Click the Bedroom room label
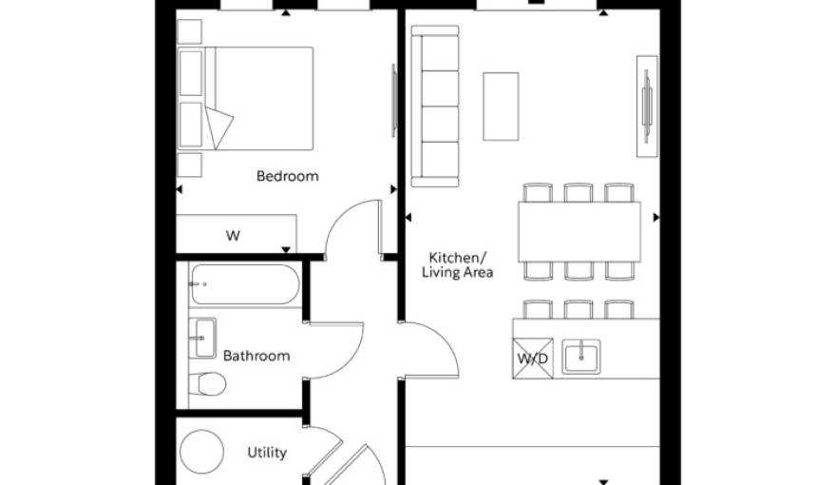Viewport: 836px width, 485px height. [x=287, y=176]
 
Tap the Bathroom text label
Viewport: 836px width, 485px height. [x=256, y=356]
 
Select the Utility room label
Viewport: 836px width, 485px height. [x=267, y=453]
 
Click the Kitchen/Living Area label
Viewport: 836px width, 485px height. [x=458, y=265]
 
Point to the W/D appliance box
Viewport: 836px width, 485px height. [x=533, y=359]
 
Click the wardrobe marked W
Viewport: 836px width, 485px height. [x=237, y=234]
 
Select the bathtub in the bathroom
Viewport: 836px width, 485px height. [x=245, y=284]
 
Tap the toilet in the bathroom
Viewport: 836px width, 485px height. [x=207, y=383]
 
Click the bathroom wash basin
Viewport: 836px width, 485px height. [x=202, y=339]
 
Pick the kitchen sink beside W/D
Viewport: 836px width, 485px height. [x=581, y=357]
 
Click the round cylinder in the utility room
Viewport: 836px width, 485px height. [x=201, y=452]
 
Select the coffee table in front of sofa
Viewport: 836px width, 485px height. [x=501, y=107]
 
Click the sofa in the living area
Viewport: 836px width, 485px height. [x=435, y=107]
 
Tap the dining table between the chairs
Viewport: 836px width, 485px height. [x=579, y=232]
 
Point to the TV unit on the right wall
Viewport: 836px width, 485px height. [x=647, y=107]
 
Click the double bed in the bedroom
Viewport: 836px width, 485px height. [x=245, y=99]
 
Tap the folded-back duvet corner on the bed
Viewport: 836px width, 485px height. [x=218, y=127]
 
